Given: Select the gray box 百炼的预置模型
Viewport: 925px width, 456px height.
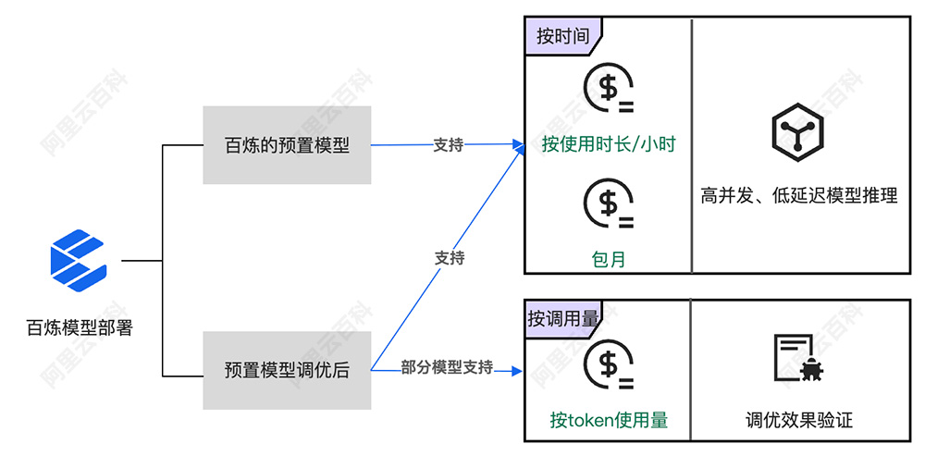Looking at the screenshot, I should click(x=287, y=144).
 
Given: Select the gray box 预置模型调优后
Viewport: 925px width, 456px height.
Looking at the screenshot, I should click(x=287, y=370).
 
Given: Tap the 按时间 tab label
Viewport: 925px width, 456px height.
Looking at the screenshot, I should click(x=562, y=36).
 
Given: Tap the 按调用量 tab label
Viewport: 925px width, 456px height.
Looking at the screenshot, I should click(x=562, y=318).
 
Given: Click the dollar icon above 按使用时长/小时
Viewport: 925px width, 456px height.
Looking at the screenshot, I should click(x=608, y=89).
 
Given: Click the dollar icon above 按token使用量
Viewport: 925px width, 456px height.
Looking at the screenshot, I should click(x=608, y=366).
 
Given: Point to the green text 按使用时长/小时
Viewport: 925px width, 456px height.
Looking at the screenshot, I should click(x=608, y=144).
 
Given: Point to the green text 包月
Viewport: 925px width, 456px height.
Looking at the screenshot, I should click(x=608, y=259).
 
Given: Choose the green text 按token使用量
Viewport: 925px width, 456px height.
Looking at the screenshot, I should click(x=608, y=421).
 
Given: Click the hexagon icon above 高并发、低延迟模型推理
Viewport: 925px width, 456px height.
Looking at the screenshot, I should click(x=797, y=132).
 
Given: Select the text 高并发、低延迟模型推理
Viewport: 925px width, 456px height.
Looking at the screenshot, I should click(x=798, y=196).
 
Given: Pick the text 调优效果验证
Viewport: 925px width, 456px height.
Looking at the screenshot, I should click(x=798, y=421).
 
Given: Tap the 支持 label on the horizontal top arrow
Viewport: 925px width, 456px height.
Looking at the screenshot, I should click(x=449, y=145).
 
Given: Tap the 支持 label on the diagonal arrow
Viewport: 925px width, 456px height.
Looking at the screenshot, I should click(x=450, y=258).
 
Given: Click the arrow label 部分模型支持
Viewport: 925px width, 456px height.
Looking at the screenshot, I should click(x=447, y=367).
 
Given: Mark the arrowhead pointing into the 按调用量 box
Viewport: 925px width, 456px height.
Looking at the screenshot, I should click(x=518, y=371).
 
